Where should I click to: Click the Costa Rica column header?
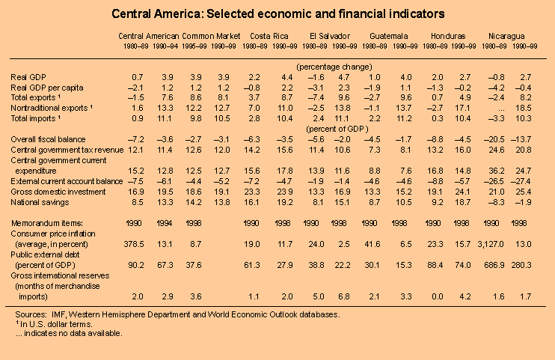[x=270, y=36]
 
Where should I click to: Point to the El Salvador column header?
[x=330, y=36]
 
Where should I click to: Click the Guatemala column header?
[x=389, y=36]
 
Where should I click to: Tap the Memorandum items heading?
[x=46, y=222]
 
